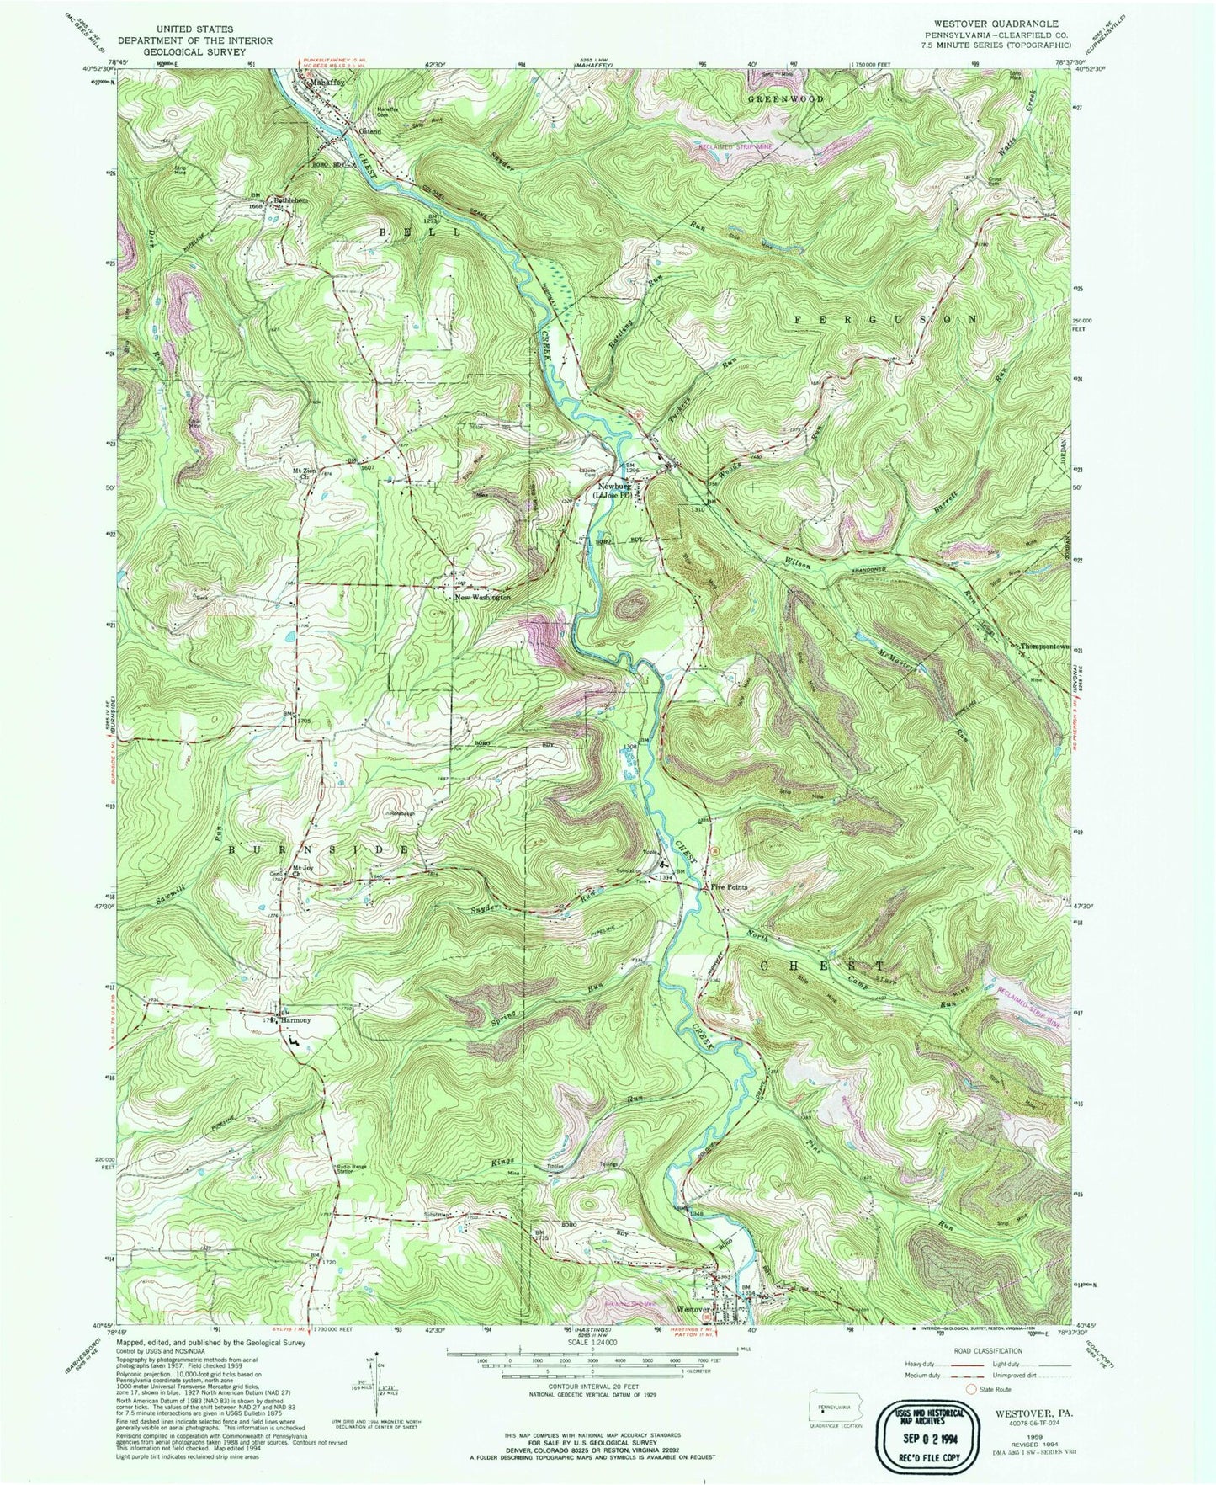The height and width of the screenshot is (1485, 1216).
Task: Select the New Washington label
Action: tap(482, 598)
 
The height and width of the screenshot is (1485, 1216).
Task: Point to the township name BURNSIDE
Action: tap(321, 850)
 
